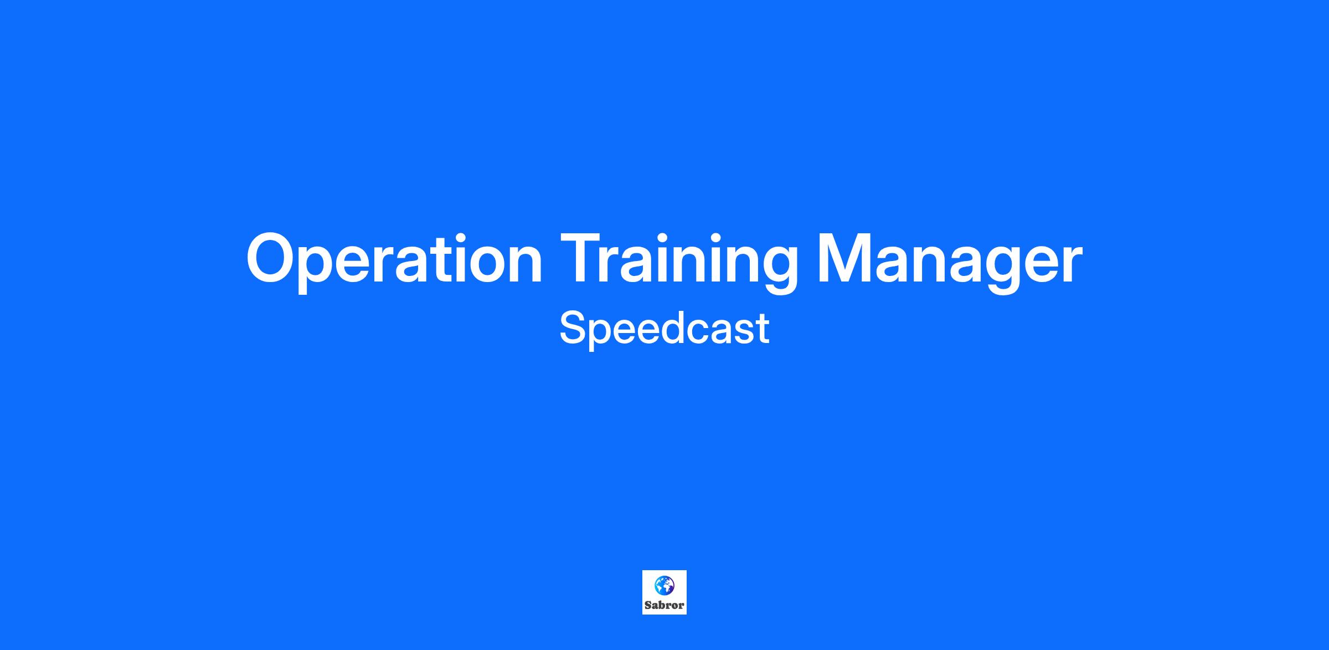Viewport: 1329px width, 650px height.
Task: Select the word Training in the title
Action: click(679, 260)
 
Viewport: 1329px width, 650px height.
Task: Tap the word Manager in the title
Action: click(950, 260)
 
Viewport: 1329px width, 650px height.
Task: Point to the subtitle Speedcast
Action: click(664, 329)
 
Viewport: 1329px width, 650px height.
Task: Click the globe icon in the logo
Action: click(664, 585)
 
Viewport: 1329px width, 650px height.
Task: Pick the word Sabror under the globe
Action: click(664, 605)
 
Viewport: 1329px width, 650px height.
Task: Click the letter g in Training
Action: click(777, 270)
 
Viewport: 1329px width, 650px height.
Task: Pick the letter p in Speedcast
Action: click(604, 335)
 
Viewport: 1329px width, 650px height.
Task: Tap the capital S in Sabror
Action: click(648, 605)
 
